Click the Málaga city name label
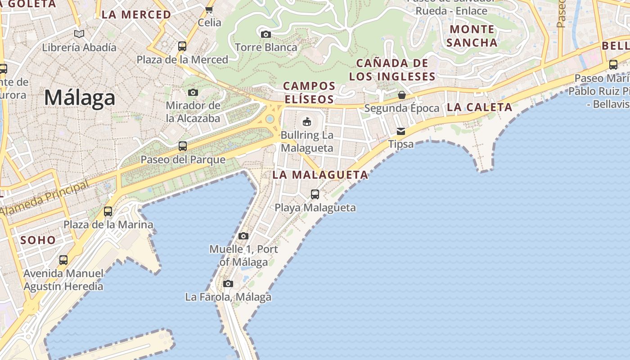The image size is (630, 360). [80, 98]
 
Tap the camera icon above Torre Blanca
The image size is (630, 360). [266, 34]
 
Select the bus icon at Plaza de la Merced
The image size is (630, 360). [182, 46]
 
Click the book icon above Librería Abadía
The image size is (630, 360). [79, 34]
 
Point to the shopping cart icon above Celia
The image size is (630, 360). [209, 9]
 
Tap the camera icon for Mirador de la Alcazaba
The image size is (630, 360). [193, 92]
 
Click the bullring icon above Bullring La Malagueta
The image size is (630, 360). [307, 121]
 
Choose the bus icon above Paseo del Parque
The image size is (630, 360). [183, 146]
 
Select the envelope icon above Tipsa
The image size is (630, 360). [400, 131]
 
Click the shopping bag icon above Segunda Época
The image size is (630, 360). [402, 95]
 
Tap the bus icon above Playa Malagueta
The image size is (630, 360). [315, 194]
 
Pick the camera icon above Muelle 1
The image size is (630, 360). [243, 236]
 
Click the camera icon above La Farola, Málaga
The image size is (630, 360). [228, 283]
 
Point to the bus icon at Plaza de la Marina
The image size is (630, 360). [108, 211]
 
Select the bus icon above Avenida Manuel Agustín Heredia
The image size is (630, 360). [63, 260]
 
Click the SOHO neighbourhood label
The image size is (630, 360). [38, 240]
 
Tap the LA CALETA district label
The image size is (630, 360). [480, 107]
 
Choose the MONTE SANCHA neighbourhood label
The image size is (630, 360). [472, 36]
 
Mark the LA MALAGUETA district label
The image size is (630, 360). [320, 175]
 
